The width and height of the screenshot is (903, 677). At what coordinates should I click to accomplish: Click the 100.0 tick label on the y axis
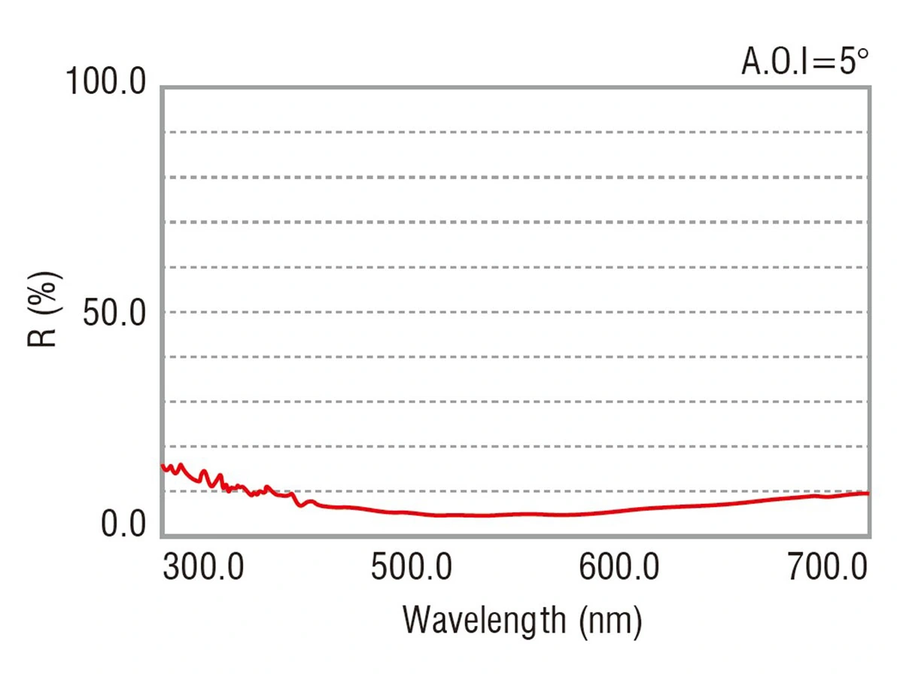(x=105, y=81)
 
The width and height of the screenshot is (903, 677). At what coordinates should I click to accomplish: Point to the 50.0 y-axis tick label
(x=114, y=313)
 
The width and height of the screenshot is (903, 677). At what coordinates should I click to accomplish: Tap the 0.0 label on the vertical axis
(x=123, y=524)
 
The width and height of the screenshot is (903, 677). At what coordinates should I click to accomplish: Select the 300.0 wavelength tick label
(x=203, y=567)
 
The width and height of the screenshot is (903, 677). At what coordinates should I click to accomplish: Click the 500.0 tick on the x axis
(x=412, y=567)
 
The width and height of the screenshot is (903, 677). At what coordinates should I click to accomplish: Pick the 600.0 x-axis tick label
(x=619, y=567)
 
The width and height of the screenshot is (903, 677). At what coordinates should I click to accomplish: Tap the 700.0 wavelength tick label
(x=827, y=567)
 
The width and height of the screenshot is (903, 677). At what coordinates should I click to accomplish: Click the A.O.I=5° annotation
(x=805, y=61)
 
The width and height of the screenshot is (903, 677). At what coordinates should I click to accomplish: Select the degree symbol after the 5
(x=863, y=54)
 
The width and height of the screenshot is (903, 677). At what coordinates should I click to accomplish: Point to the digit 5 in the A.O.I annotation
(x=847, y=62)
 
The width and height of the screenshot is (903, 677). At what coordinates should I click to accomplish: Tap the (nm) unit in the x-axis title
(x=610, y=621)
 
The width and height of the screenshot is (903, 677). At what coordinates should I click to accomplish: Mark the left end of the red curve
(x=163, y=466)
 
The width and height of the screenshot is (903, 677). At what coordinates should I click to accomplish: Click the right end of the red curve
(x=868, y=493)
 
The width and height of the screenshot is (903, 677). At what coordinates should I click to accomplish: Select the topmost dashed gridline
(x=516, y=132)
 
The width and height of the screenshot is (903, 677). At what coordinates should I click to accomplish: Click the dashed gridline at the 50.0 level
(x=516, y=312)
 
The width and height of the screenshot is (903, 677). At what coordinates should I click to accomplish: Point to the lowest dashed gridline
(x=516, y=491)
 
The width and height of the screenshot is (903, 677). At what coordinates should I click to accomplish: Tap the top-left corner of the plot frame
(x=163, y=88)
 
